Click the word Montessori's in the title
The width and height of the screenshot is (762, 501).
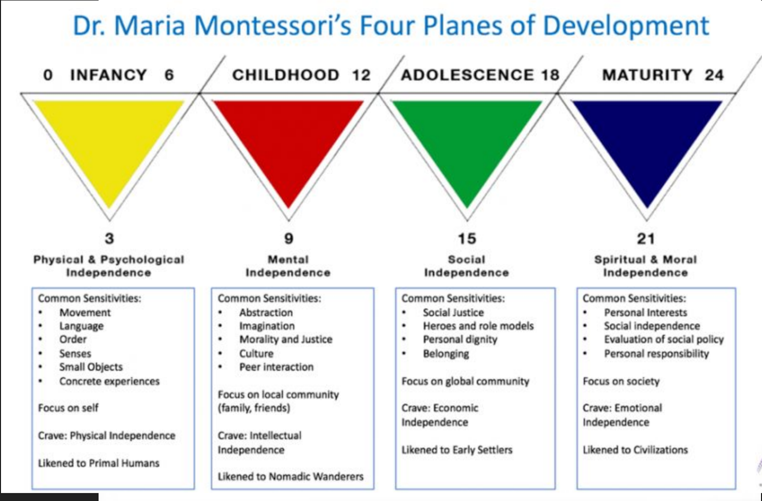click(272, 26)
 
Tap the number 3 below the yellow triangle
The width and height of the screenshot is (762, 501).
click(109, 238)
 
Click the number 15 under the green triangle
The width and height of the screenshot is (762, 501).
click(467, 238)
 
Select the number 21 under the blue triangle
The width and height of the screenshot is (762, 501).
click(646, 238)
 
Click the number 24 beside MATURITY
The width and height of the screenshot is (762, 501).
click(714, 75)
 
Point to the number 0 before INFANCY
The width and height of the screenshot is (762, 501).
click(48, 75)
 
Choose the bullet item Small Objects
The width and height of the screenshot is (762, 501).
click(91, 367)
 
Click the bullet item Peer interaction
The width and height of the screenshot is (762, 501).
click(276, 367)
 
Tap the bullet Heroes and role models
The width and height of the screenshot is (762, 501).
click(478, 326)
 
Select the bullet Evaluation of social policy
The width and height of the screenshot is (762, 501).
click(664, 340)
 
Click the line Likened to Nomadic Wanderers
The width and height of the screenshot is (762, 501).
click(291, 477)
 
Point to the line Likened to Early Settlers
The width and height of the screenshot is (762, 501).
click(457, 450)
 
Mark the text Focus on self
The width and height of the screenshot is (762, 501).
click(68, 408)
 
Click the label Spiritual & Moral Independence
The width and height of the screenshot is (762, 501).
click(646, 266)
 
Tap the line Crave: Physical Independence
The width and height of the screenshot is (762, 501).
click(107, 436)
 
